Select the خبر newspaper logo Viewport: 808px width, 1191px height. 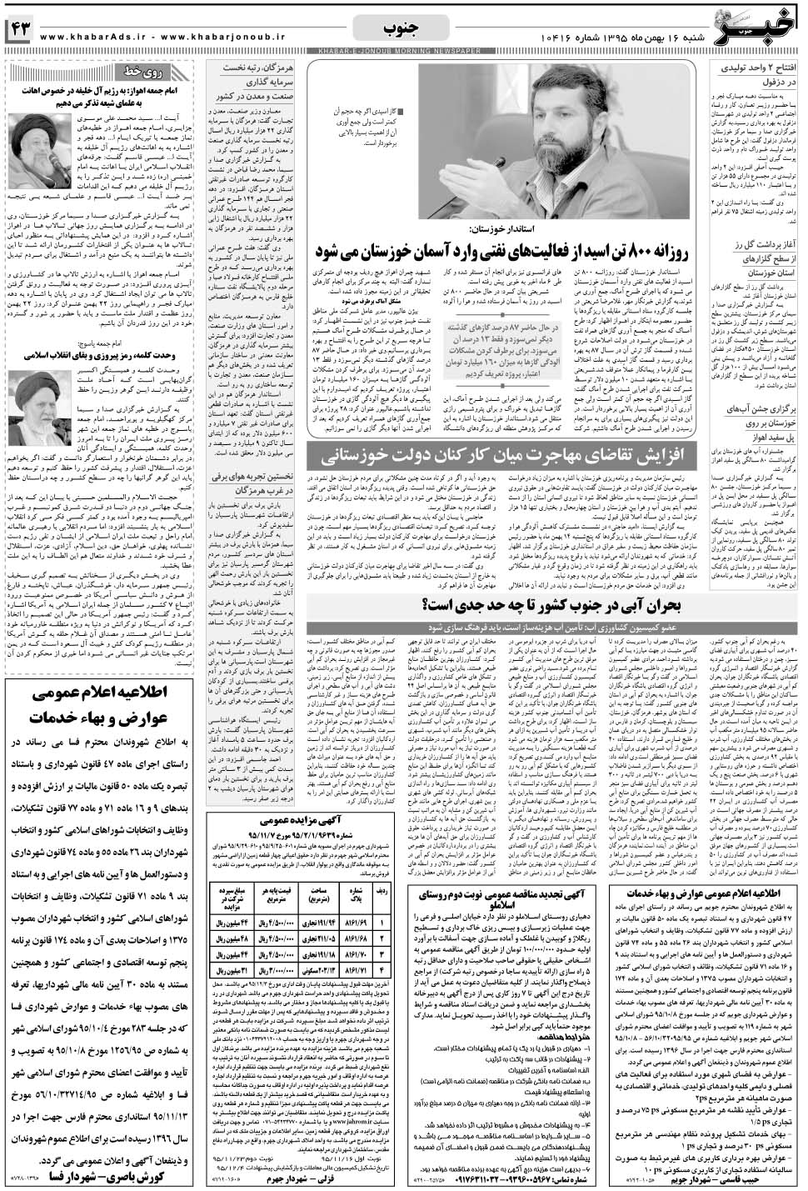760,23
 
